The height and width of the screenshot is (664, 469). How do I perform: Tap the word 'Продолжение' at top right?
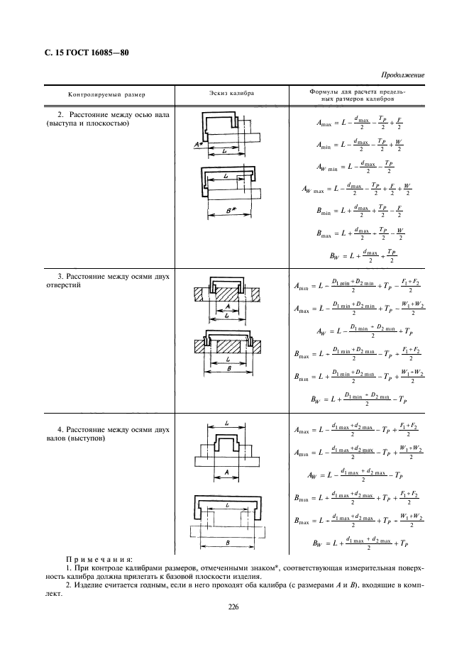coord(402,74)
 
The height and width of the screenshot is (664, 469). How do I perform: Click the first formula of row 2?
coord(360,122)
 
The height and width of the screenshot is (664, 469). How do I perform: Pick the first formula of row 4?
coord(360,430)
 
